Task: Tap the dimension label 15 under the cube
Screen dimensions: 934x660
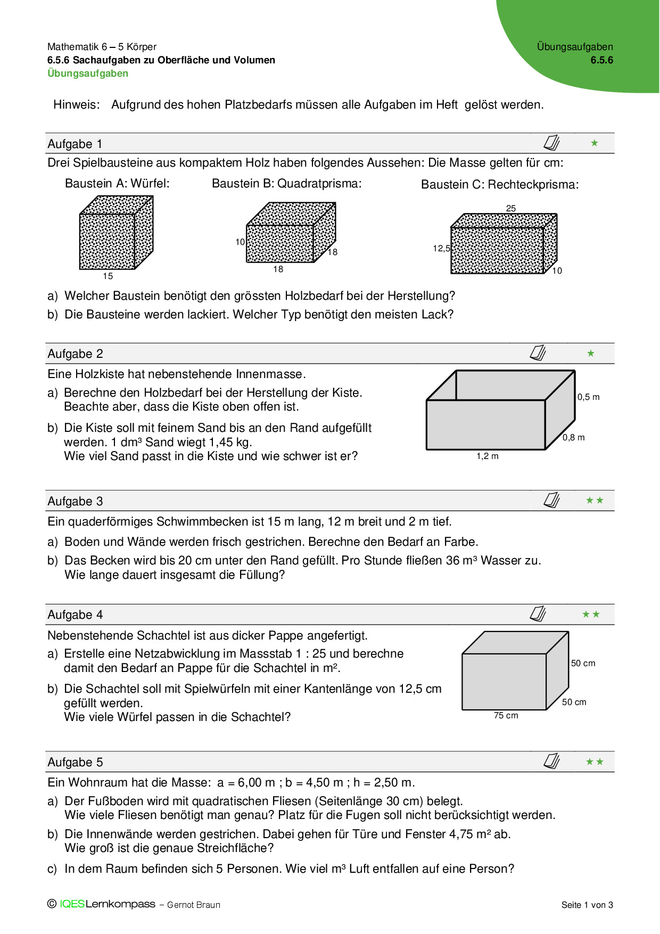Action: click(108, 276)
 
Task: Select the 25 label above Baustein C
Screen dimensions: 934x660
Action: click(511, 208)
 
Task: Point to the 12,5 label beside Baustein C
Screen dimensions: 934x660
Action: click(441, 248)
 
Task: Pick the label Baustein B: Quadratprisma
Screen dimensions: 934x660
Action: click(286, 184)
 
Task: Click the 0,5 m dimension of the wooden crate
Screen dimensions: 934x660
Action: click(588, 397)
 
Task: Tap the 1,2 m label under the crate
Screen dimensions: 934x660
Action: click(488, 456)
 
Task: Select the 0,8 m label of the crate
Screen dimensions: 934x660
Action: click(574, 437)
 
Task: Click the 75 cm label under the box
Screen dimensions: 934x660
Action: click(506, 715)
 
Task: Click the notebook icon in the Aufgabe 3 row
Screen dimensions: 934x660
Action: click(551, 500)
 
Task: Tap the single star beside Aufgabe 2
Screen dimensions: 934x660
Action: click(591, 353)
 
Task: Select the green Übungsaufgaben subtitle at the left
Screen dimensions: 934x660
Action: click(88, 73)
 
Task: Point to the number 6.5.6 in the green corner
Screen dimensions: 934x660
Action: click(601, 60)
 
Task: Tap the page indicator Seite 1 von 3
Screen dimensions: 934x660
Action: click(587, 905)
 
